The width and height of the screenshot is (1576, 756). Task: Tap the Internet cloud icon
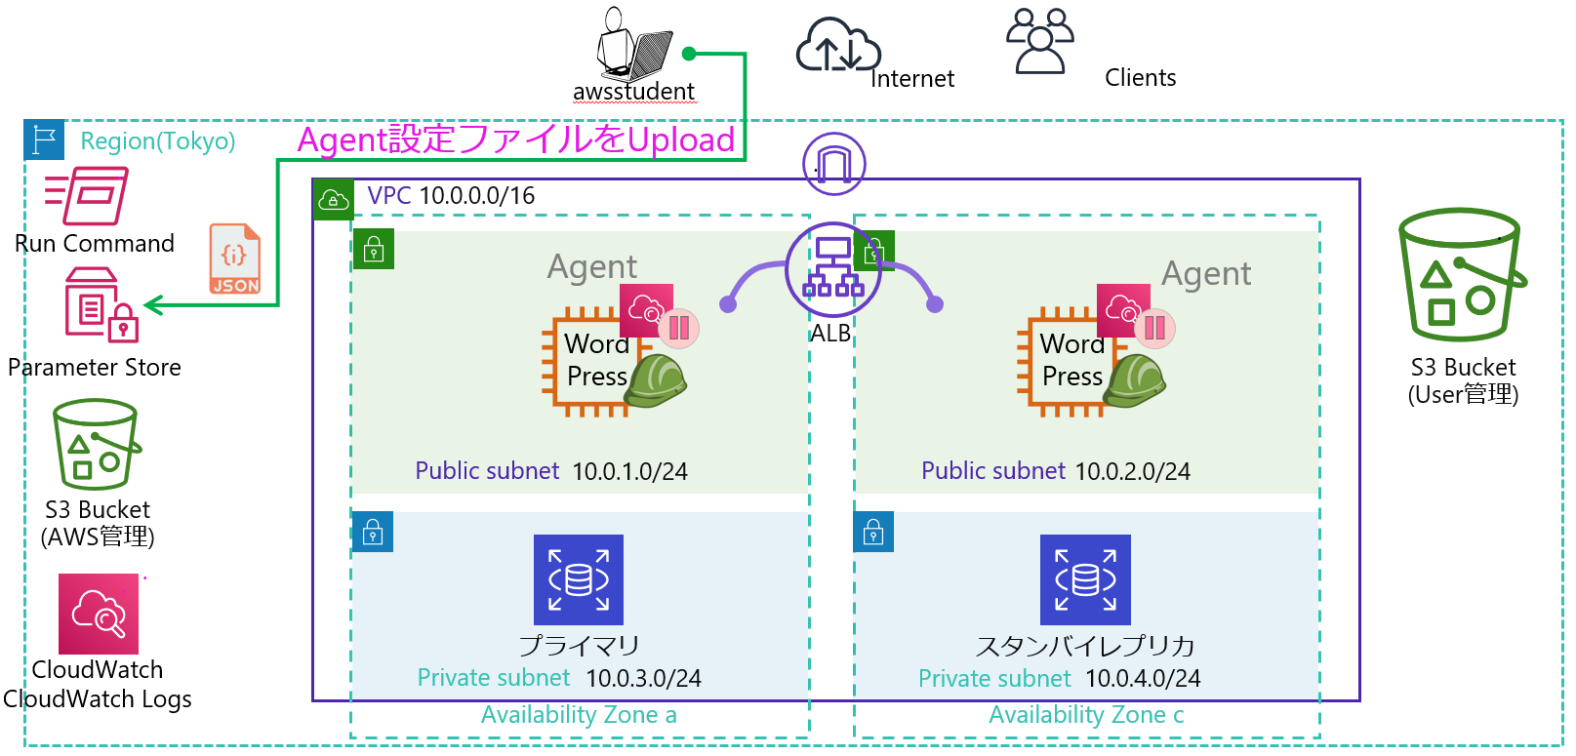[837, 46]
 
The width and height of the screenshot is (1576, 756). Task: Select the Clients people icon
[1040, 41]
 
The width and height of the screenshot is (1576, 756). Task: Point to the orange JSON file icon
[235, 259]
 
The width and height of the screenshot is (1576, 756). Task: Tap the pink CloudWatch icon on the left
[99, 614]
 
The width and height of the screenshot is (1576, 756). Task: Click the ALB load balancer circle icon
[833, 269]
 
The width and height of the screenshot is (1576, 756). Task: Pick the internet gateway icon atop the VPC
[833, 164]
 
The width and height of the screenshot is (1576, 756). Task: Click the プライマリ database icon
[579, 579]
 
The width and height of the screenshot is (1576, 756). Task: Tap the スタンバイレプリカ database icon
[1085, 579]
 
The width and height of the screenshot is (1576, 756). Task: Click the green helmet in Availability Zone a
[656, 380]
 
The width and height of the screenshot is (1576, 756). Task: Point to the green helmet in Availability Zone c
[1135, 380]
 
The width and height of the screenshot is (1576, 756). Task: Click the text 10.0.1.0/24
[629, 472]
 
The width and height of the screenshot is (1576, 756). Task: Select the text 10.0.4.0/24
[1143, 679]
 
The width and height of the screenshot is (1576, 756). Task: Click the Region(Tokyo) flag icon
[44, 140]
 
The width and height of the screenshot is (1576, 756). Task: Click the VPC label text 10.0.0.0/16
[476, 196]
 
